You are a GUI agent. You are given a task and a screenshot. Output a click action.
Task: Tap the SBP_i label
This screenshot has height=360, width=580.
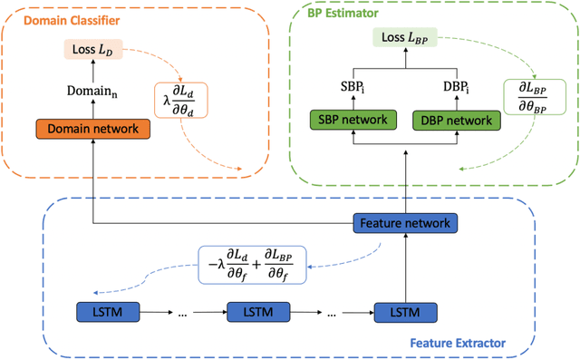[x=351, y=89]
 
